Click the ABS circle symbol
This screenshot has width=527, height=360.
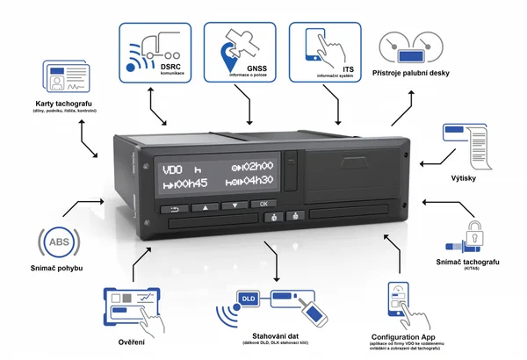tap(54, 241)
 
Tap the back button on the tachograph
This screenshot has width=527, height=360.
tap(174, 208)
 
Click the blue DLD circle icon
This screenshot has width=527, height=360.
tap(247, 301)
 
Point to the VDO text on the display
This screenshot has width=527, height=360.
tap(170, 167)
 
